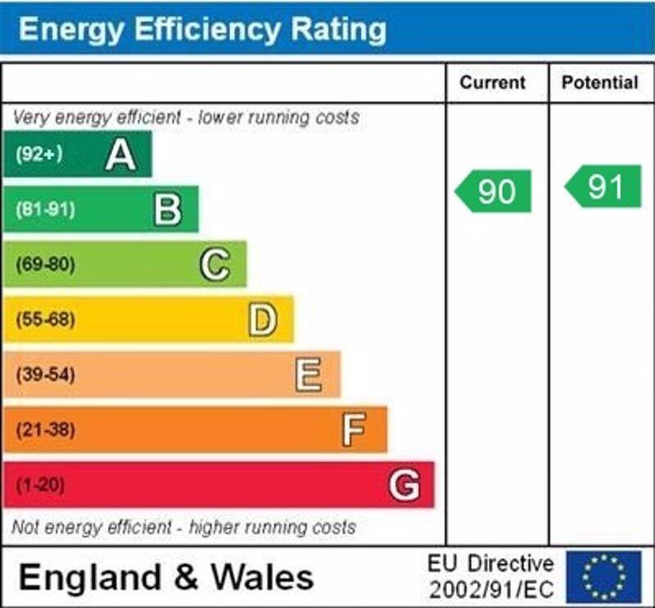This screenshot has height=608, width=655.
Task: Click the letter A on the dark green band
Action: [x=120, y=154]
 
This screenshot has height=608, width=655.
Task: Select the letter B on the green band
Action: [x=168, y=209]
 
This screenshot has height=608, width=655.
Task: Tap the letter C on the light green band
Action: [x=215, y=265]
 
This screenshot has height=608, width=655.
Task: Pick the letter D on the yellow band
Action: [x=262, y=320]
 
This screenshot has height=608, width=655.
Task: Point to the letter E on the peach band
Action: [x=309, y=375]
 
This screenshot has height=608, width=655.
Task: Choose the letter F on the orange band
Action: [x=354, y=429]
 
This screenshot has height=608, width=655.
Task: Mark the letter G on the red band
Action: [x=404, y=485]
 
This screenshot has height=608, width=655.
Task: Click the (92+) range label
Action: [x=39, y=154]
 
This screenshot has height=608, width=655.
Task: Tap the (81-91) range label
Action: [x=45, y=210]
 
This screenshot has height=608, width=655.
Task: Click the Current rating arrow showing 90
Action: [x=494, y=191]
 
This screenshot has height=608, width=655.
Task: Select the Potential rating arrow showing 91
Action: [x=603, y=187]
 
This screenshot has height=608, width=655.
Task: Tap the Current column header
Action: [x=492, y=83]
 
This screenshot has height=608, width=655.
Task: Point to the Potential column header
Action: [x=600, y=83]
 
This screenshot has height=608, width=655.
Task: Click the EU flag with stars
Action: [x=603, y=576]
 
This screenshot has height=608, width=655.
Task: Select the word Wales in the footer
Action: [x=263, y=577]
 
